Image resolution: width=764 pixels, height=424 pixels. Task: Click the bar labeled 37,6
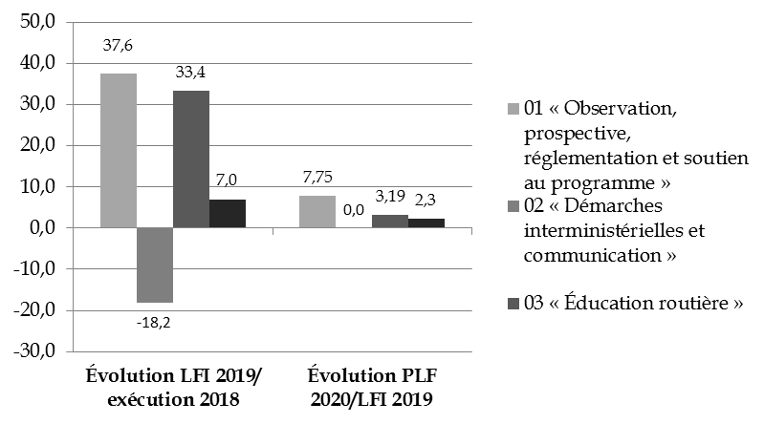[x=119, y=151]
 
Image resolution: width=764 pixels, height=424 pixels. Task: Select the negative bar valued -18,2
[x=155, y=265]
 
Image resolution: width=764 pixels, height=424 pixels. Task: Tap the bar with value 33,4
[x=191, y=159]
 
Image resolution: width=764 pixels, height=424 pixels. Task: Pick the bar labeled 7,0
[x=228, y=214]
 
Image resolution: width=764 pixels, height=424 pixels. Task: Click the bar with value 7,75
[x=317, y=212]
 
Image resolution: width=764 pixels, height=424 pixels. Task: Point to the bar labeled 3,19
[x=389, y=222]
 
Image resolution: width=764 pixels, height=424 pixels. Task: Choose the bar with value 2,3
[x=426, y=223]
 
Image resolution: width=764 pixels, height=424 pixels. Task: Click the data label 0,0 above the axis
[x=354, y=212]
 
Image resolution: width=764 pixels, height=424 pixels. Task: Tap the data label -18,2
[x=154, y=321]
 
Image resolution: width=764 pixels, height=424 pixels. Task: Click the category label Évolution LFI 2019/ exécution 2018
[x=174, y=387]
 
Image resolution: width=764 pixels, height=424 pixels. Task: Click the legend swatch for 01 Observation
[x=513, y=109]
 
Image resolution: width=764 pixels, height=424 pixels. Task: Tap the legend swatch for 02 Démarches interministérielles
[x=513, y=206]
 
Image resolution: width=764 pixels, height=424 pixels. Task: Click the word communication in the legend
[x=593, y=255]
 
